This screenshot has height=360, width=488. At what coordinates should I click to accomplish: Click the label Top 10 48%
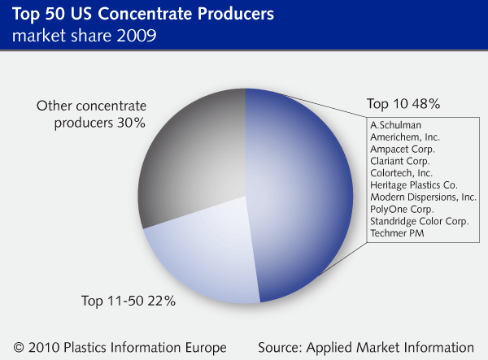point(403,104)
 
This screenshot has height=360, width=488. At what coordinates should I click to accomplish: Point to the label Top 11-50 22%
point(129,301)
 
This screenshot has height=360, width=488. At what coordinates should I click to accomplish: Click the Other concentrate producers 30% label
point(91,115)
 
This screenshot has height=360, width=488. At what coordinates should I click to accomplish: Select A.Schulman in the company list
point(395,125)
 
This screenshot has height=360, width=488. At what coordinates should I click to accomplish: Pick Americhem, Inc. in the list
point(405,137)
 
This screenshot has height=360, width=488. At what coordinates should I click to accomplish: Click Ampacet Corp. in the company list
point(403,150)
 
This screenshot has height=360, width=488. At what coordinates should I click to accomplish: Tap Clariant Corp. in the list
point(400,161)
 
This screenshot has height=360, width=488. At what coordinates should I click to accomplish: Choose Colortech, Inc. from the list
point(401,173)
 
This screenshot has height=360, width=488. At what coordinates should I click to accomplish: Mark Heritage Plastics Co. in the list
point(414,185)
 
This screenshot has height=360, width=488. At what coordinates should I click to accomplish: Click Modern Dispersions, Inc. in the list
point(423,197)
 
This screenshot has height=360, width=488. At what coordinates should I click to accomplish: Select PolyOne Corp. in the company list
point(402,209)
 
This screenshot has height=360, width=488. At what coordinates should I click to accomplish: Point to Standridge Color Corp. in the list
point(420,221)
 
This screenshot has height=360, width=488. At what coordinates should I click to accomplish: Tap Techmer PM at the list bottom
point(397,233)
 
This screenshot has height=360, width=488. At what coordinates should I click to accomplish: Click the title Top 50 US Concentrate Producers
point(143,14)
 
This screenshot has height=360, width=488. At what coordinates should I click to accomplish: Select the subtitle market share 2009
point(84,36)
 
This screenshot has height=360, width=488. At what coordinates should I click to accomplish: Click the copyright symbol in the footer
point(19,348)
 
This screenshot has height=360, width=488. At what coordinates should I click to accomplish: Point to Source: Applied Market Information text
point(366,348)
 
